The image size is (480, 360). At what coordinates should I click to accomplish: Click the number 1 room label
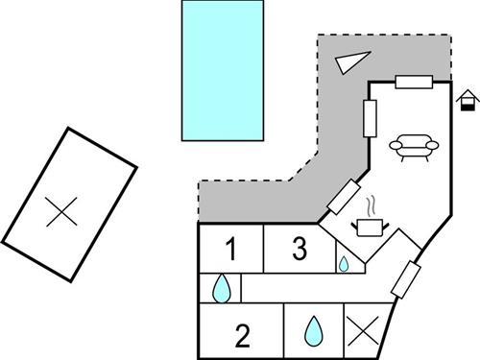[x=230, y=251]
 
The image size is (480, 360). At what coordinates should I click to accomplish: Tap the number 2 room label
[x=242, y=336]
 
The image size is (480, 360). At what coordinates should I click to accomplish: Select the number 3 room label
[x=300, y=251]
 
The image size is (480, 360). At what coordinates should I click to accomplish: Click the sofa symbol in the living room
[x=414, y=146]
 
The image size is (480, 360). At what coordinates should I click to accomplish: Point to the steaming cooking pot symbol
[x=369, y=226]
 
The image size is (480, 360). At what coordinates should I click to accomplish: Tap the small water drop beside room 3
[x=343, y=263]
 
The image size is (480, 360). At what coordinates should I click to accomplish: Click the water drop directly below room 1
[x=222, y=287]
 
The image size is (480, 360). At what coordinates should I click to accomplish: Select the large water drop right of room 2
[x=314, y=331]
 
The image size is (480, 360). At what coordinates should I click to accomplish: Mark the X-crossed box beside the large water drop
[x=363, y=329]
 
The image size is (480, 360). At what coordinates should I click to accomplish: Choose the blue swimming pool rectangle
[x=223, y=70]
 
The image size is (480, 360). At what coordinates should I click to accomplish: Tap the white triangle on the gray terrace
[x=351, y=61]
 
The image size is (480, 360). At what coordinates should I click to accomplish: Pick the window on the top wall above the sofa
[x=416, y=83]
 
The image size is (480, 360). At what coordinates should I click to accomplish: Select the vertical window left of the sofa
[x=369, y=118]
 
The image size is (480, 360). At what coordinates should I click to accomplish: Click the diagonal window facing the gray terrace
[x=343, y=197]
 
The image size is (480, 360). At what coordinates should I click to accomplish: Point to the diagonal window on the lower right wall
[x=405, y=277]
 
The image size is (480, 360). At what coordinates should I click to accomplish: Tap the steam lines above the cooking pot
[x=370, y=206]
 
